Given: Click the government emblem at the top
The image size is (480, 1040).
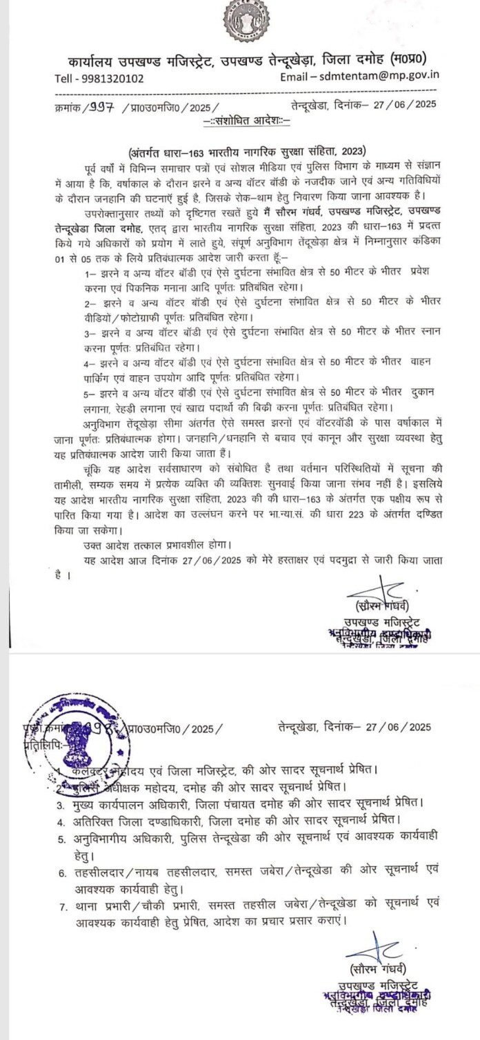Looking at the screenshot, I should click(246, 20).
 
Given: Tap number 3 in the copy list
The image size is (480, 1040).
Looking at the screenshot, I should click(61, 804).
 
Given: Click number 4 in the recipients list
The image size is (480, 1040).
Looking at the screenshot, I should click(61, 821).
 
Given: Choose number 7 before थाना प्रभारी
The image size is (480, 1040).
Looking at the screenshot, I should click(61, 902).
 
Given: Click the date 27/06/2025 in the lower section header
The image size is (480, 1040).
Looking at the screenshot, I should click(401, 727).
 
